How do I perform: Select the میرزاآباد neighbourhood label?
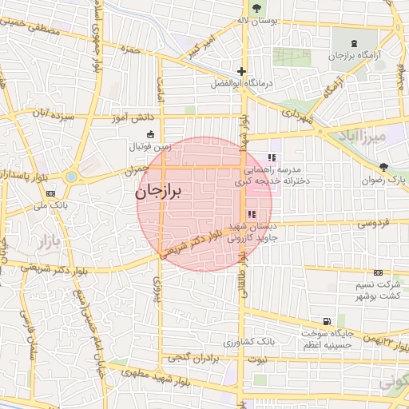384,137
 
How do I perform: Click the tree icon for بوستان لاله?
256,9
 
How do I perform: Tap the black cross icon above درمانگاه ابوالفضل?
241,71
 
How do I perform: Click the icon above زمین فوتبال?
152,135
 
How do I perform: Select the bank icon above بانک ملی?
51,193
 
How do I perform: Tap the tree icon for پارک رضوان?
385,167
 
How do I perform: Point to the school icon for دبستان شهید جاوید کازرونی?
252,214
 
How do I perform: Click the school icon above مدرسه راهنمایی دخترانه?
271,157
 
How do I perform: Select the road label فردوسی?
374,224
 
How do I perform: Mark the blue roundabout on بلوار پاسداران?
71,177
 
